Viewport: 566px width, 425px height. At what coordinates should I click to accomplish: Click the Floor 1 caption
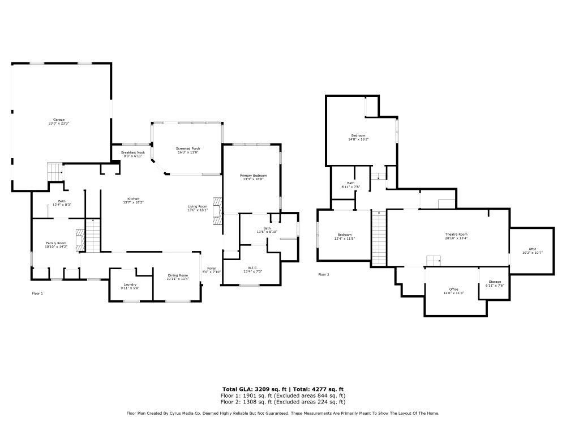(x=37, y=294)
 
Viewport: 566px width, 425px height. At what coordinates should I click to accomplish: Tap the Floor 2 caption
(x=323, y=275)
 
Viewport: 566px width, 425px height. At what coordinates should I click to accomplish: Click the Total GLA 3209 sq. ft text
(x=254, y=389)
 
